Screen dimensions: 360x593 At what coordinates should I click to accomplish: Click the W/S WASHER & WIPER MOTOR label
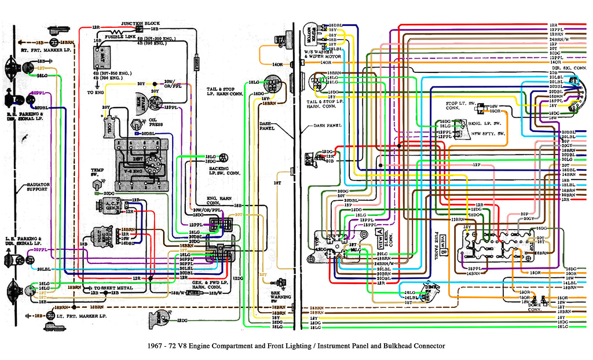[316, 56]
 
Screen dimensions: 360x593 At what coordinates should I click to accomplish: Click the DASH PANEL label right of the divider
[327, 125]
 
